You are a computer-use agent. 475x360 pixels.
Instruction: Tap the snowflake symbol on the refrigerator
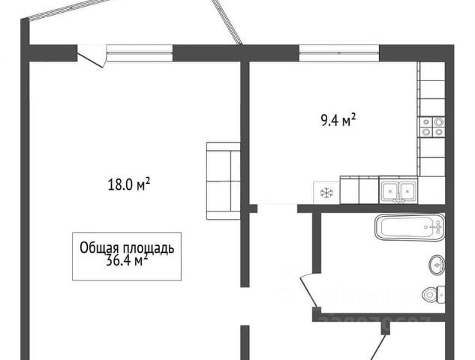coord(326,193)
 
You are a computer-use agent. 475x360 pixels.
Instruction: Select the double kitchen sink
coord(398,191)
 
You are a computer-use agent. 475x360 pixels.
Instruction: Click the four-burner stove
coord(432,126)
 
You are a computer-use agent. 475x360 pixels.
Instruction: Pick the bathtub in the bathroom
coord(409,227)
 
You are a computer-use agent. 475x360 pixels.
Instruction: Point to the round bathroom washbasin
coord(437,264)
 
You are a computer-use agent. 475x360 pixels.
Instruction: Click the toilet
coord(432,293)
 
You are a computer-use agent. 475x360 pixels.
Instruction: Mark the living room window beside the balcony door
coord(139,52)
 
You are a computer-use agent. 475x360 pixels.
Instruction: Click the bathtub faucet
coord(434,226)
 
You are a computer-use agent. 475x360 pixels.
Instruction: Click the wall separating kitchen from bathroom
coord(375,208)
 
